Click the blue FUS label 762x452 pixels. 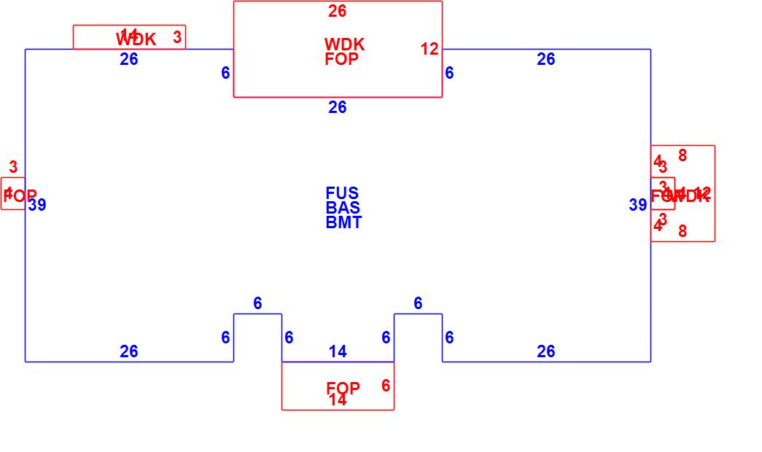click(342, 193)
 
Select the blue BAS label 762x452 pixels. click(343, 208)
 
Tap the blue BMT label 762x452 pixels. click(343, 222)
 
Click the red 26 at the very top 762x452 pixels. click(337, 11)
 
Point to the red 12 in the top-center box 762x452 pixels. click(429, 49)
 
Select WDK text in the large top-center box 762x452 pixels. click(344, 44)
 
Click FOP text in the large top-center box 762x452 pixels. click(341, 59)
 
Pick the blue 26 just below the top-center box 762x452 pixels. click(337, 107)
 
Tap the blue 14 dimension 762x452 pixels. click(338, 351)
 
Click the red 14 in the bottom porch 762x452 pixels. click(338, 400)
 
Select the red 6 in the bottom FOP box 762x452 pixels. click(386, 386)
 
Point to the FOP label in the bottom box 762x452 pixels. click(343, 389)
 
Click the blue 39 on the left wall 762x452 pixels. click(37, 205)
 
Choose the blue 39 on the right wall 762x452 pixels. click(638, 205)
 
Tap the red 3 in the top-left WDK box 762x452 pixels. click(177, 37)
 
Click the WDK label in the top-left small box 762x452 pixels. click(136, 39)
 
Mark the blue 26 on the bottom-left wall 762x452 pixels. click(129, 351)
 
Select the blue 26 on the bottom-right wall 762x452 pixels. click(546, 351)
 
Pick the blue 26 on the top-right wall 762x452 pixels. click(546, 59)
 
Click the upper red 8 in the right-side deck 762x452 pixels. click(683, 155)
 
